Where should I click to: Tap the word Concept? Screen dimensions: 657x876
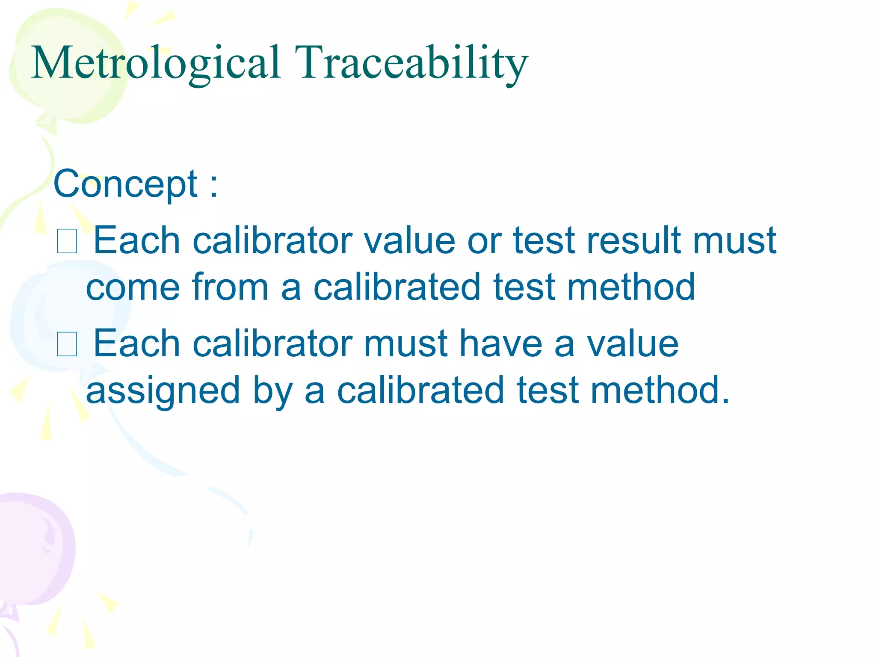click(x=125, y=184)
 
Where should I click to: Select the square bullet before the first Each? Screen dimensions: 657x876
click(x=67, y=242)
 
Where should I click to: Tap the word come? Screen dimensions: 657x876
click(x=133, y=288)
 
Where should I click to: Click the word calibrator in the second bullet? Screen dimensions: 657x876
click(x=272, y=343)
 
